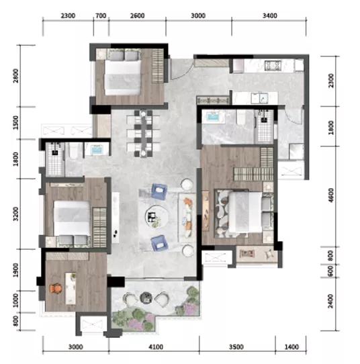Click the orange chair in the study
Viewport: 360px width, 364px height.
[56, 289]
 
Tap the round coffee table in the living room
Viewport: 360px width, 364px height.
[156, 217]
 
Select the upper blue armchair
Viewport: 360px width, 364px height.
[159, 191]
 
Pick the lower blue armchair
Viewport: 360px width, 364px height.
[159, 243]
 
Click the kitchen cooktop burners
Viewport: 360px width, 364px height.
[273, 65]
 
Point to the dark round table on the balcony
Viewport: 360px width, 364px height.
[146, 298]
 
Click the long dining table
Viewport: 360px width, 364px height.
[144, 134]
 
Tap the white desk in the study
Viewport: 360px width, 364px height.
[71, 288]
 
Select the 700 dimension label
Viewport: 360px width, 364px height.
[101, 16]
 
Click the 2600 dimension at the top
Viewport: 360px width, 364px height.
[137, 16]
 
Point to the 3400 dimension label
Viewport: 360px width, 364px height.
[270, 16]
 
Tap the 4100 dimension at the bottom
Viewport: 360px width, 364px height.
[156, 347]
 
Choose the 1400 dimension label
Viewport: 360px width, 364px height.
[291, 347]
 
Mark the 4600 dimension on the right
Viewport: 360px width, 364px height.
[331, 195]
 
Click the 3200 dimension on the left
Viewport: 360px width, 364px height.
[15, 214]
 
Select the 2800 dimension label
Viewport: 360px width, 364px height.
[15, 76]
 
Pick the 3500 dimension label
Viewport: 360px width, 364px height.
[236, 347]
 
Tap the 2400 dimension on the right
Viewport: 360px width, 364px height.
[331, 301]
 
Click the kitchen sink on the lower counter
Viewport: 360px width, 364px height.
[259, 98]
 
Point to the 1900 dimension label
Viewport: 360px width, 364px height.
[15, 270]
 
